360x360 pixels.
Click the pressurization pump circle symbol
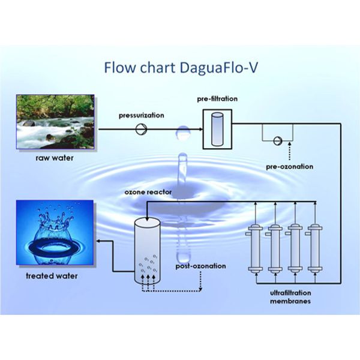(x=142, y=128)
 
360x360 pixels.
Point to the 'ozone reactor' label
(x=148, y=192)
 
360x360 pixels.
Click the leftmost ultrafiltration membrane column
(x=257, y=248)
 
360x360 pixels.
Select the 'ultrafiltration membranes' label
(x=290, y=297)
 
